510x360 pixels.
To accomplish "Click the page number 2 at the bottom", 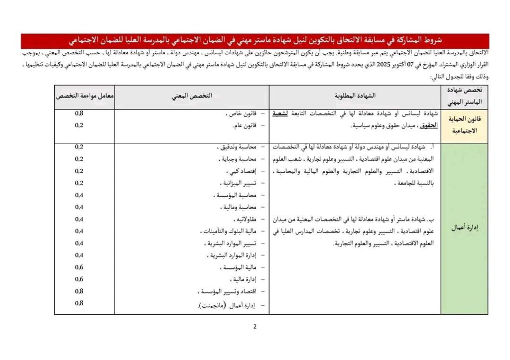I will click(x=255, y=327).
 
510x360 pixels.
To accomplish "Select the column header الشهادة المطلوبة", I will click(x=354, y=96).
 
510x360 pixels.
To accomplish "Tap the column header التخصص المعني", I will click(x=192, y=96).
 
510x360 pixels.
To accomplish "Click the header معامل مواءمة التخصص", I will click(x=84, y=96).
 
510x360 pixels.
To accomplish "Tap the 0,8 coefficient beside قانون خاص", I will click(x=79, y=114).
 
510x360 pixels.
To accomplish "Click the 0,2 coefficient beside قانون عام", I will click(x=79, y=125).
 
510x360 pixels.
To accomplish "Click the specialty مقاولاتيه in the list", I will click(x=245, y=219).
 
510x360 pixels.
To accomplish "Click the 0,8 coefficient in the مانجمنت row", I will click(x=79, y=303).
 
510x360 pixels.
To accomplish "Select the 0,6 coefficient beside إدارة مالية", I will click(x=79, y=279).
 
